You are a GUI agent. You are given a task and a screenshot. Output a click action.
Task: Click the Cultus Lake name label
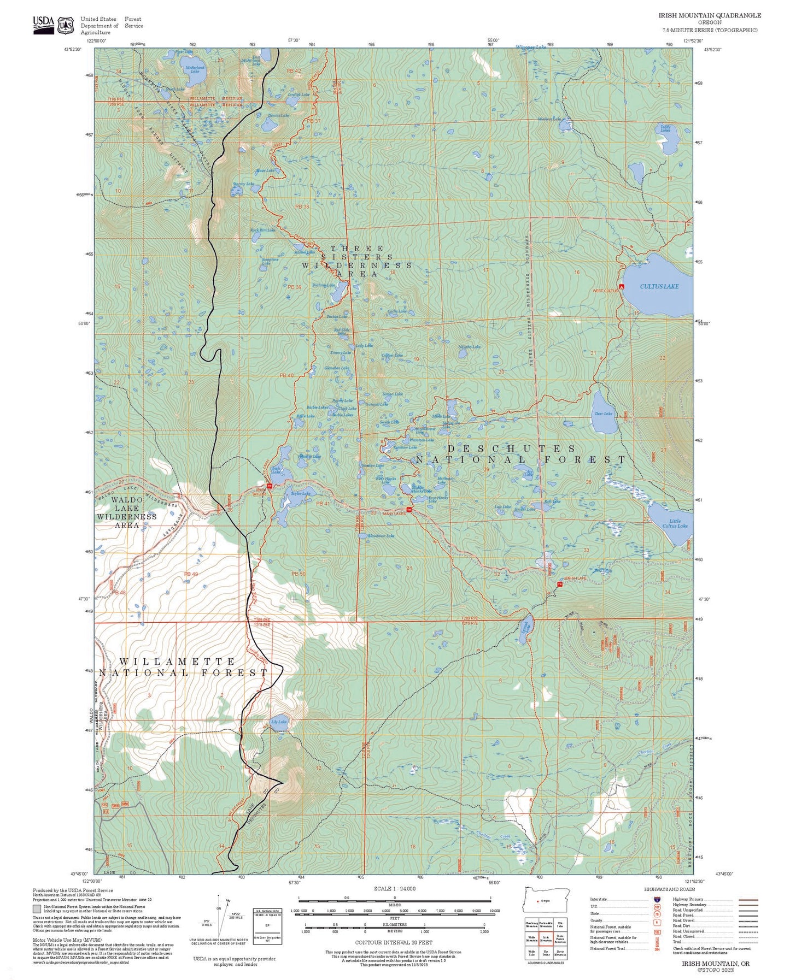pyautogui.click(x=659, y=286)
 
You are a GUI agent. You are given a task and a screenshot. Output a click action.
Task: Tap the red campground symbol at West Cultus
pyautogui.click(x=621, y=286)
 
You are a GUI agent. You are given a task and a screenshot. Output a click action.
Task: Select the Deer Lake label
pyautogui.click(x=604, y=414)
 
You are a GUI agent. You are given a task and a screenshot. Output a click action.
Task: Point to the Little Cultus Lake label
pyautogui.click(x=675, y=523)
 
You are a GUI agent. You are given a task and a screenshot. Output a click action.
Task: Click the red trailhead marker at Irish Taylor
pyautogui.click(x=270, y=486)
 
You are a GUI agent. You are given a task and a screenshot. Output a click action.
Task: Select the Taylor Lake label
pyautogui.click(x=300, y=493)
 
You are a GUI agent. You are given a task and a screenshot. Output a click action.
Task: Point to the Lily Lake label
pyautogui.click(x=278, y=722)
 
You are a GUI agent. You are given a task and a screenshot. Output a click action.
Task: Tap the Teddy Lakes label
pyautogui.click(x=665, y=128)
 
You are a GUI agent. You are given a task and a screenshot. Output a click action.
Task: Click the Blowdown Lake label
pyautogui.click(x=381, y=536)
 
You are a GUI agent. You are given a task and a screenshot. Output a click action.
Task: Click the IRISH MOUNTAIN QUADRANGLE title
pyautogui.click(x=709, y=15)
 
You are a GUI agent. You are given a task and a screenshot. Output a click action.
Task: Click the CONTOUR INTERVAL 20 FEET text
pyautogui.click(x=394, y=942)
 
